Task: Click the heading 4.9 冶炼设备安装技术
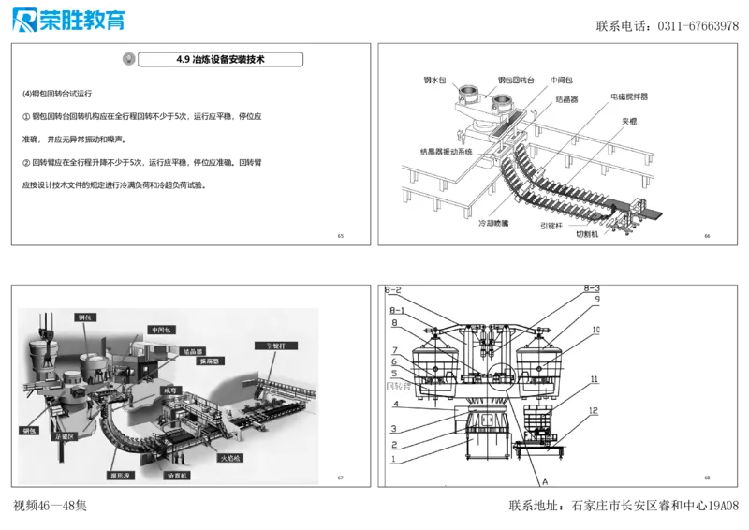221,59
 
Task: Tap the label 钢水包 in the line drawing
436,81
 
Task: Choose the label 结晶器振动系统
448,151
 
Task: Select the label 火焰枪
230,459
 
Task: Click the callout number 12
594,411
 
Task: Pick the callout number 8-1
396,310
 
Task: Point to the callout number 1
394,459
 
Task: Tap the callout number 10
596,331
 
